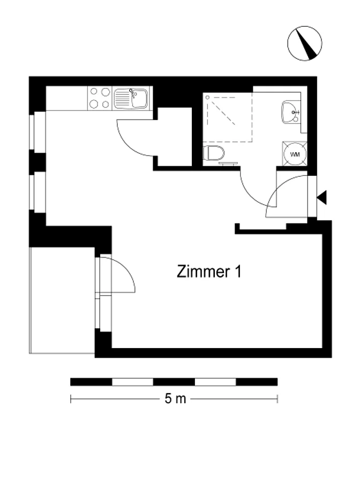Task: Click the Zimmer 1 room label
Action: pos(209,271)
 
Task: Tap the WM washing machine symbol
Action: pos(295,154)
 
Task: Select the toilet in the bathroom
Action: pos(214,153)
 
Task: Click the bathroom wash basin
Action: pos(291,112)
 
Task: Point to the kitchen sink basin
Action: pos(139,98)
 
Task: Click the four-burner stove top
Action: pos(100,98)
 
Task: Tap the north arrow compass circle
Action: pos(304,43)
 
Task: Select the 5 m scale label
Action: pos(175,398)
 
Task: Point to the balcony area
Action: pos(62,300)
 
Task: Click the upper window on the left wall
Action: pos(37,131)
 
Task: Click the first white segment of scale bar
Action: pos(132,382)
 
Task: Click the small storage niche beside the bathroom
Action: pos(175,137)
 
